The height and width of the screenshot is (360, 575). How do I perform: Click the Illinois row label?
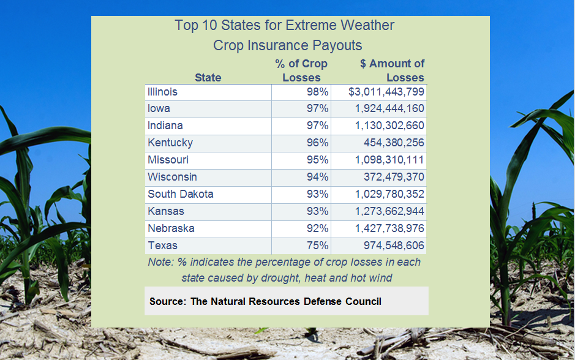[162, 92]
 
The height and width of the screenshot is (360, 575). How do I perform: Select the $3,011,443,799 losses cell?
[386, 92]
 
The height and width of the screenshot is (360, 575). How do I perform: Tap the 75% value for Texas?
[317, 246]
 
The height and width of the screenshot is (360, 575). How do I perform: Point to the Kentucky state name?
[170, 143]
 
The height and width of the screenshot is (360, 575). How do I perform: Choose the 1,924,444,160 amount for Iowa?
[389, 108]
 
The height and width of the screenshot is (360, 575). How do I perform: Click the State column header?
[208, 78]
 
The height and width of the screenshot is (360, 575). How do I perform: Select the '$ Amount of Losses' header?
[393, 70]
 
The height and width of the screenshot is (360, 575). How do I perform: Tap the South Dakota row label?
[181, 194]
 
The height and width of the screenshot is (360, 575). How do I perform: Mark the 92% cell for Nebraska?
[317, 228]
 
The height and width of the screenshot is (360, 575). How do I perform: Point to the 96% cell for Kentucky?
[317, 143]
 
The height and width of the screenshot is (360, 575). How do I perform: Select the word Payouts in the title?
[336, 46]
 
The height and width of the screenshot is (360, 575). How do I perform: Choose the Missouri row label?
[168, 160]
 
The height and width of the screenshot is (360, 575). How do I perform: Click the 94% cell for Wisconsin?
[317, 177]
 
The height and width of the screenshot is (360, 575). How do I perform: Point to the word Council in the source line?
[363, 301]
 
